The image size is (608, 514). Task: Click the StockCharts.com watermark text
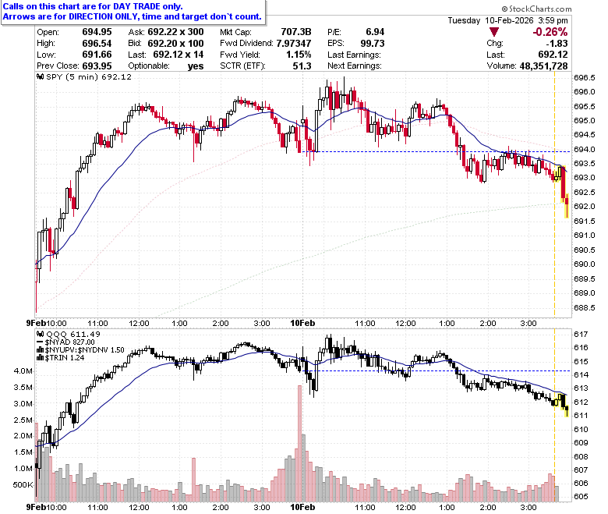pyautogui.click(x=536, y=9)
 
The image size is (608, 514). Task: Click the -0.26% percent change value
pyautogui.click(x=550, y=32)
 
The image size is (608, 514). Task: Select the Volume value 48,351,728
pyautogui.click(x=543, y=66)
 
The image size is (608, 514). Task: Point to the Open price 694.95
pyautogui.click(x=97, y=32)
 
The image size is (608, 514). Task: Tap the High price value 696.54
pyautogui.click(x=97, y=43)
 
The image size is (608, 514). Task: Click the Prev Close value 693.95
pyautogui.click(x=97, y=66)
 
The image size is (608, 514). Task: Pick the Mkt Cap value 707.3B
pyautogui.click(x=296, y=32)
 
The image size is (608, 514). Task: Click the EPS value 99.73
pyautogui.click(x=373, y=43)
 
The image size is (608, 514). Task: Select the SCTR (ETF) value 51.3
pyautogui.click(x=302, y=66)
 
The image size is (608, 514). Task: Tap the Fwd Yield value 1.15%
pyautogui.click(x=299, y=55)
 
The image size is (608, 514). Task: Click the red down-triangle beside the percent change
pyautogui.click(x=494, y=32)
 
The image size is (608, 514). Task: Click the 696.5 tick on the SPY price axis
pyautogui.click(x=585, y=77)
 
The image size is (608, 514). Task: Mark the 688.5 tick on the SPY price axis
pyautogui.click(x=585, y=307)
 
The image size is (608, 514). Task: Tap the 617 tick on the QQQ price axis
pyautogui.click(x=581, y=334)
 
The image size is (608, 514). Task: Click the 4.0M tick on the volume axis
pyautogui.click(x=23, y=370)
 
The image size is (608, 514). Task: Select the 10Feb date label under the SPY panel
pyautogui.click(x=302, y=323)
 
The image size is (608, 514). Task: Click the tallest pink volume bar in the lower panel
pyautogui.click(x=299, y=443)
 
